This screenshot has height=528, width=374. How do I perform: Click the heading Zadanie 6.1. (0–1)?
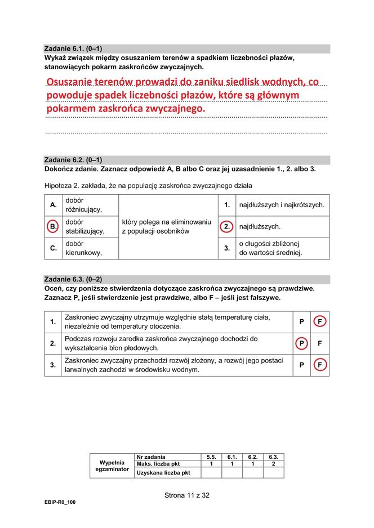[73, 48]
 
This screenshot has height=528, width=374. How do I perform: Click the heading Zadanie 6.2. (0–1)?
[73, 160]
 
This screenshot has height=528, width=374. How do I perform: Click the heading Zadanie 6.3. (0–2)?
[73, 279]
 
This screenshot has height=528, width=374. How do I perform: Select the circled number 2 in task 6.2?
[226, 226]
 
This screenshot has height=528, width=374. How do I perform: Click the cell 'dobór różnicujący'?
[83, 205]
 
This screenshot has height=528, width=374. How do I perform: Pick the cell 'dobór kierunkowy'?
[83, 248]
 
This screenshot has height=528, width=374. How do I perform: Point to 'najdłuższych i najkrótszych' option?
[282, 205]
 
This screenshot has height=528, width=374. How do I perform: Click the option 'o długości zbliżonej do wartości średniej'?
[270, 248]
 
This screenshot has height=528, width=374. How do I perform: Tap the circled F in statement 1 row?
[320, 322]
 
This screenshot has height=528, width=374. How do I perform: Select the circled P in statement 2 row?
[302, 343]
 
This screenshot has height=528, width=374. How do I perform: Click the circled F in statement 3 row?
[320, 365]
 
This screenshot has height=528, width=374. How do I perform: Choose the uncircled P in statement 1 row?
[302, 322]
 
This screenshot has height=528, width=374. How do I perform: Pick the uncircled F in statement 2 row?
[320, 343]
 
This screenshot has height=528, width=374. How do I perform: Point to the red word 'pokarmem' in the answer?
[71, 108]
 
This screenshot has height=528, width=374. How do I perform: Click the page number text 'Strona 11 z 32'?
[186, 495]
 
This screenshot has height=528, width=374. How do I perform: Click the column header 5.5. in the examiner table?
[211, 457]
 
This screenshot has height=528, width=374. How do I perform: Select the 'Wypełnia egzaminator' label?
[112, 466]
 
